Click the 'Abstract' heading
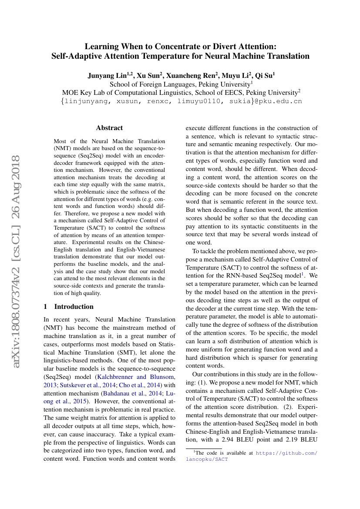[109, 128]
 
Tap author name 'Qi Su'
[264, 75]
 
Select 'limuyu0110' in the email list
[201, 101]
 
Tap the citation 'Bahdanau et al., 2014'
[128, 393]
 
